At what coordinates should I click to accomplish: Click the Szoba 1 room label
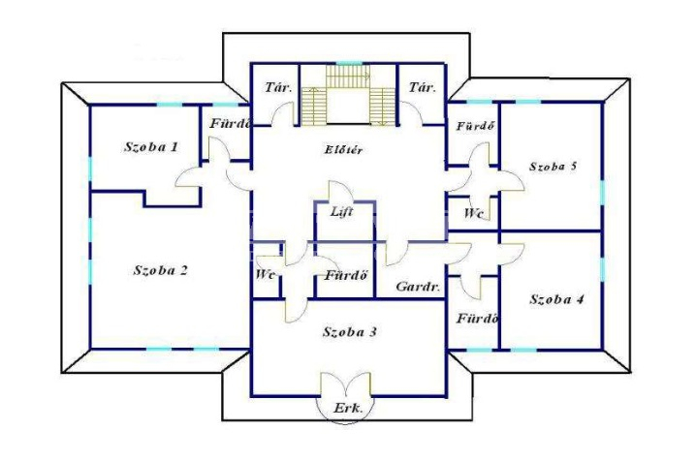point(151,147)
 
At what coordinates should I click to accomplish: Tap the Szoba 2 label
point(161,270)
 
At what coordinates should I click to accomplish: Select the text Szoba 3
point(350,331)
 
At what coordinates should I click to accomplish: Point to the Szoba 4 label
point(556,299)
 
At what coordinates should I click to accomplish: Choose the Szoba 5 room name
point(554,167)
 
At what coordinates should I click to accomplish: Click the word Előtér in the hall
point(343,150)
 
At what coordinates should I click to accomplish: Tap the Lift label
point(342,212)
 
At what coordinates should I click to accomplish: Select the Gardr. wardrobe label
point(418,287)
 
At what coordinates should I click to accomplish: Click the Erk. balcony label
point(348,409)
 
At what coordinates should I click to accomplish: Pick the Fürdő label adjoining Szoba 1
point(231,124)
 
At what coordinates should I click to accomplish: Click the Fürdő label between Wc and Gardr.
point(346,276)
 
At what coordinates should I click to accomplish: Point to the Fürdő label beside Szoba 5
point(475,126)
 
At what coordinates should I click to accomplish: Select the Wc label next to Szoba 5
point(472,213)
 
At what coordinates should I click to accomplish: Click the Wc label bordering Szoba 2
point(266,274)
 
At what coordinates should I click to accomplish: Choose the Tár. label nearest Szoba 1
point(278,87)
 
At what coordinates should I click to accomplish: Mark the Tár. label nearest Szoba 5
point(422,87)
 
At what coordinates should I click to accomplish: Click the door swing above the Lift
point(340,192)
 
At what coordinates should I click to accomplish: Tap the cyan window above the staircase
point(348,63)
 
